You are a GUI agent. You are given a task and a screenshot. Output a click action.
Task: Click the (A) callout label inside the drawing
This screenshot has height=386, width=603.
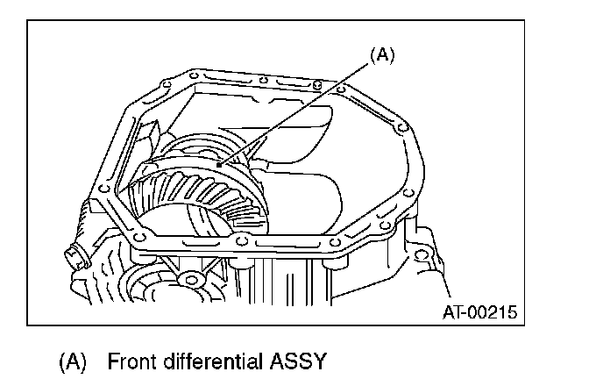click(x=382, y=54)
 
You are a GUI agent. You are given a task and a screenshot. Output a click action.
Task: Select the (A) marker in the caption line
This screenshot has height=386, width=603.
click(x=74, y=361)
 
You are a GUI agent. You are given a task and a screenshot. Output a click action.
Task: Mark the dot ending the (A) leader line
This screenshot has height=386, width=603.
click(x=218, y=164)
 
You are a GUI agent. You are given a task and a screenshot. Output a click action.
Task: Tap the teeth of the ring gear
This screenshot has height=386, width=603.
click(x=188, y=197)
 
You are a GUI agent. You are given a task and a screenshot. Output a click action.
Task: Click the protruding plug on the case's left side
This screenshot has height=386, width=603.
click(x=74, y=255)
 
